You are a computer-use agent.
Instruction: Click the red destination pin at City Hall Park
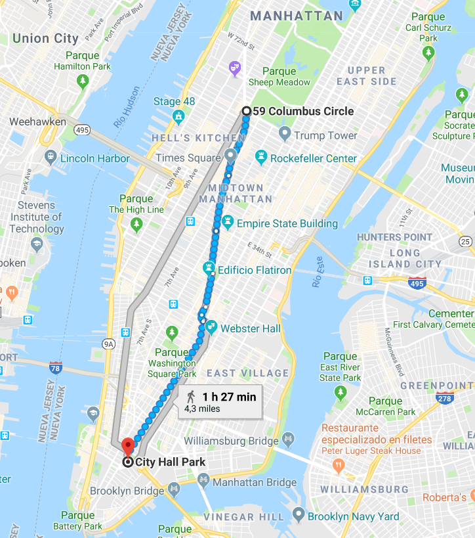[x=128, y=445]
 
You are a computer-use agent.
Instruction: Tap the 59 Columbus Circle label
[x=303, y=111]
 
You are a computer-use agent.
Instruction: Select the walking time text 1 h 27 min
[x=229, y=396]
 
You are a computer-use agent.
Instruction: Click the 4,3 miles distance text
[x=202, y=409]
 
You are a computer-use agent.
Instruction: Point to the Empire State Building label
[x=287, y=223]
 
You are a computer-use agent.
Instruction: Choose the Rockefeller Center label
[x=314, y=158]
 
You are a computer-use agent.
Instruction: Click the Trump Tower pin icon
[x=284, y=135]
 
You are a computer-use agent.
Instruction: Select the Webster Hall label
[x=251, y=328]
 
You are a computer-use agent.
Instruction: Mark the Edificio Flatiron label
[x=255, y=270]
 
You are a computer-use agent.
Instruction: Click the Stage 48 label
[x=174, y=101]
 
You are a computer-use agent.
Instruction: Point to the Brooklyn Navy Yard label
[x=353, y=516]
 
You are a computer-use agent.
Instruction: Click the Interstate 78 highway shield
[x=56, y=367]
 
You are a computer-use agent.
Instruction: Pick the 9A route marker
[x=108, y=343]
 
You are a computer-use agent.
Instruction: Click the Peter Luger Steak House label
[x=371, y=451]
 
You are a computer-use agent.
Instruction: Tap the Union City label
[x=45, y=38]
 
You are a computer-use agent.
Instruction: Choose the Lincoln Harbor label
[x=94, y=158]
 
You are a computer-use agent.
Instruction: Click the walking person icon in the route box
[x=191, y=396]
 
